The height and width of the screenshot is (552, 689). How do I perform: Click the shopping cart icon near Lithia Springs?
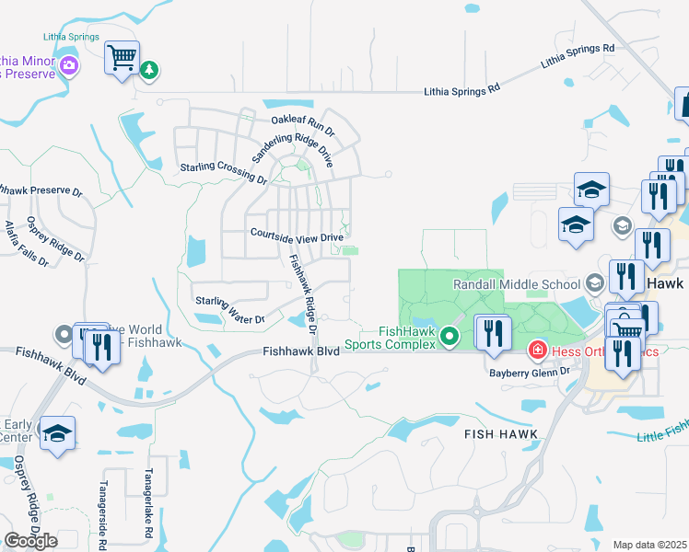point(123,59)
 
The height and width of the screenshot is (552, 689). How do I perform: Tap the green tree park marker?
point(149,69)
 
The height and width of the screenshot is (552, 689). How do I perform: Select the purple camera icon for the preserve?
point(68,65)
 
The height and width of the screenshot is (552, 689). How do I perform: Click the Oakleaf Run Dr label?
point(302,121)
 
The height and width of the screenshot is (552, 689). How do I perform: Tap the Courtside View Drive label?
point(297,235)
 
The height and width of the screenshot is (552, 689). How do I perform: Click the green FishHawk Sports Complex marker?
point(450,337)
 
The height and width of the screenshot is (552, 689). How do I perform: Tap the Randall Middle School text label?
point(516,284)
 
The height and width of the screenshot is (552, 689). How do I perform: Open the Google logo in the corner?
point(30,540)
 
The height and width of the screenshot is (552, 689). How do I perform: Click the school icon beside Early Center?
point(57,434)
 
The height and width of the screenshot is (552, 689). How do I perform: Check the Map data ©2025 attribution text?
point(648,545)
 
